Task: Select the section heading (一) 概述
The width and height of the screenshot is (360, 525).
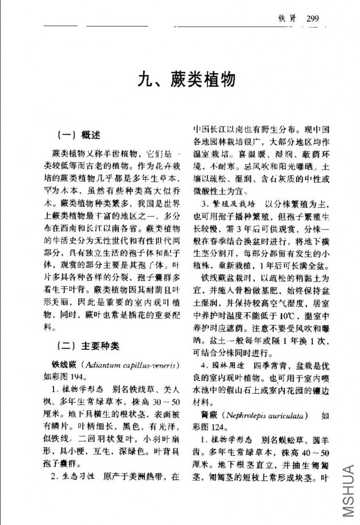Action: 79,135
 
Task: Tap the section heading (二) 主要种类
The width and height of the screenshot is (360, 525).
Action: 88,346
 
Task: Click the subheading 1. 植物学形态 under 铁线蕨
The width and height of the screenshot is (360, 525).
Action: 78,389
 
